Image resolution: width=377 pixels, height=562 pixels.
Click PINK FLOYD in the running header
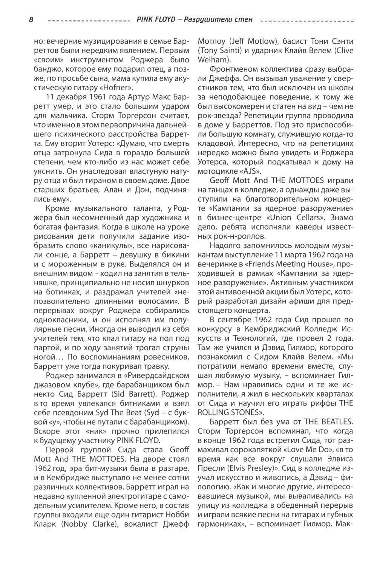tap(156, 20)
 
